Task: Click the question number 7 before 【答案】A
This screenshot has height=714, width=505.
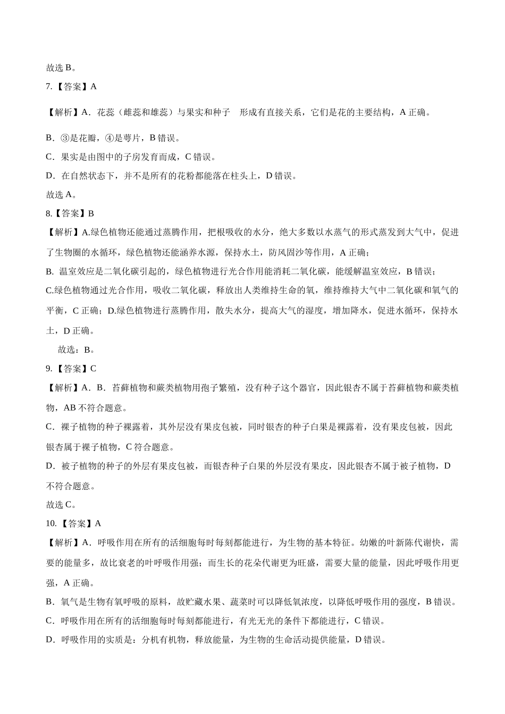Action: point(48,86)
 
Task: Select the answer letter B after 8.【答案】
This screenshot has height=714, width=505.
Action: point(91,214)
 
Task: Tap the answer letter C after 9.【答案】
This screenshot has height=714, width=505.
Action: point(93,369)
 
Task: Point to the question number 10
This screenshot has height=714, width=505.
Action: point(50,524)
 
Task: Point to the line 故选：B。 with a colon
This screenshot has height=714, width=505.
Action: point(76,350)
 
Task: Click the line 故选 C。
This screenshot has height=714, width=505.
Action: point(61,505)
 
